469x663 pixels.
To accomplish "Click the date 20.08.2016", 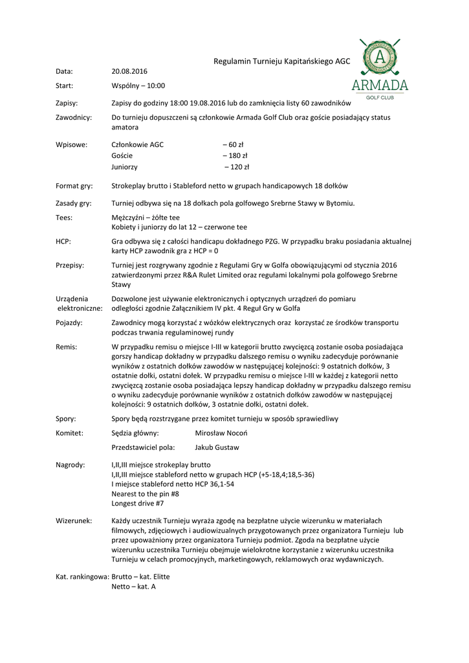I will [x=129, y=71].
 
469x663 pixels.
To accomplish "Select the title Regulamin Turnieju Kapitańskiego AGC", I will [x=282, y=61].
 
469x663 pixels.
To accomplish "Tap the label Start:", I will [x=64, y=85].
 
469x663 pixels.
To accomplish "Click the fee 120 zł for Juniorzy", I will [x=237, y=166].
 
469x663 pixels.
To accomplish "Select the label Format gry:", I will [x=74, y=185].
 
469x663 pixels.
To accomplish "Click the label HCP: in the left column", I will [x=63, y=241].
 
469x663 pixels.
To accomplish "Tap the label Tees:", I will [x=64, y=218].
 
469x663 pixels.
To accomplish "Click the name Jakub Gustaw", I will [x=217, y=447].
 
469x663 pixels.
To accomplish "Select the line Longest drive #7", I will [x=137, y=503].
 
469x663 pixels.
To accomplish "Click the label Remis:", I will [x=66, y=347].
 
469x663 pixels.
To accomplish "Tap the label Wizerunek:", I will [x=74, y=521].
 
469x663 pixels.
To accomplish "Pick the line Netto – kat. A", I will [x=133, y=587].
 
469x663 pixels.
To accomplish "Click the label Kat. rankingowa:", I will [x=82, y=576].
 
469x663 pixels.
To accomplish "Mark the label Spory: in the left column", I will [x=66, y=419].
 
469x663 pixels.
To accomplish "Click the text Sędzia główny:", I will [x=135, y=433].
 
